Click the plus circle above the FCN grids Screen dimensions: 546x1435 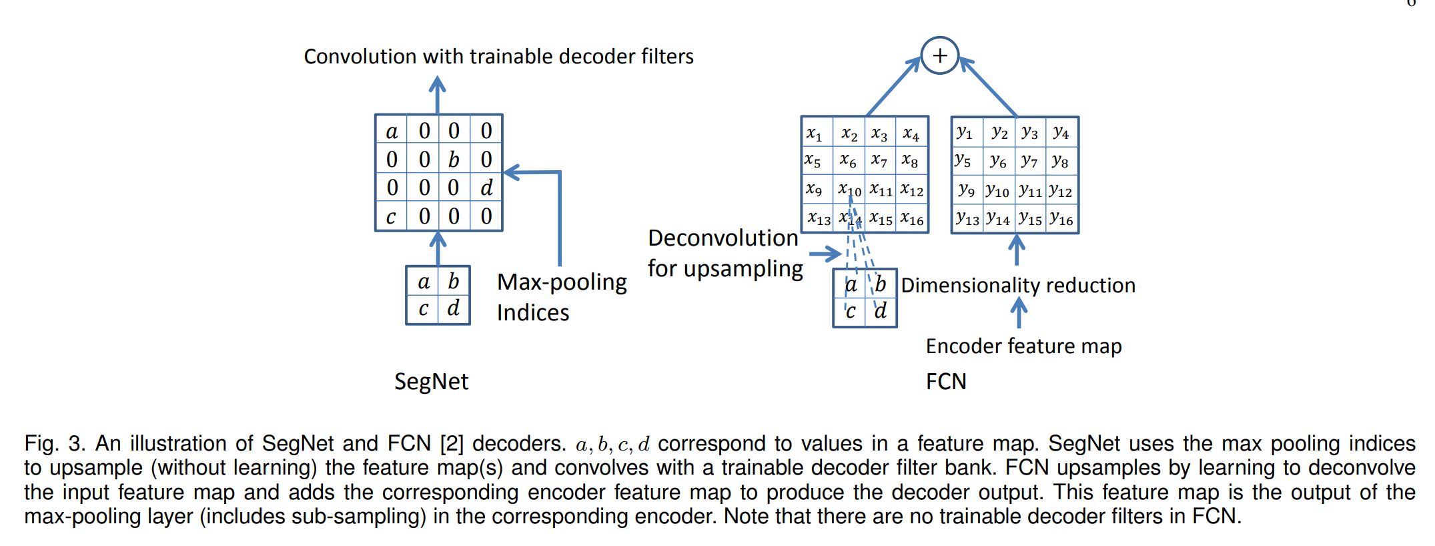[x=939, y=55]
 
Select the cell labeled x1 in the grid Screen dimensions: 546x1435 [x=815, y=133]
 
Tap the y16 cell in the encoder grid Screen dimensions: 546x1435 [x=1061, y=219]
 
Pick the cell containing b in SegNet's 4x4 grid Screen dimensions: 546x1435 [x=454, y=159]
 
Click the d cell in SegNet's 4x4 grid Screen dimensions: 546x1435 [x=486, y=188]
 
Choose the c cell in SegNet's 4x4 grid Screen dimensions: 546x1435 [x=391, y=216]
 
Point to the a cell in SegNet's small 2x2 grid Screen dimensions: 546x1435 [x=423, y=282]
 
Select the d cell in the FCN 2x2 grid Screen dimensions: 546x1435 [x=881, y=311]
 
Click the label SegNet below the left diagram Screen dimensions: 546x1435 [x=431, y=381]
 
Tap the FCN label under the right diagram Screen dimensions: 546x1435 [x=945, y=381]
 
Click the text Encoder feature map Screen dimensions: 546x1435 [x=1023, y=346]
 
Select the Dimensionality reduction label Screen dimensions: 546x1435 [x=1018, y=285]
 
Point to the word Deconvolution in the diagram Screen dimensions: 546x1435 [x=723, y=238]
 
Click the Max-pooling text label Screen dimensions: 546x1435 [x=562, y=282]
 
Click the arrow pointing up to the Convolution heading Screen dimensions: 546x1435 [x=437, y=93]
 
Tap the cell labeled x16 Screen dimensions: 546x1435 [x=912, y=219]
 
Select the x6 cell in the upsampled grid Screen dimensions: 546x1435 [x=848, y=161]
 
